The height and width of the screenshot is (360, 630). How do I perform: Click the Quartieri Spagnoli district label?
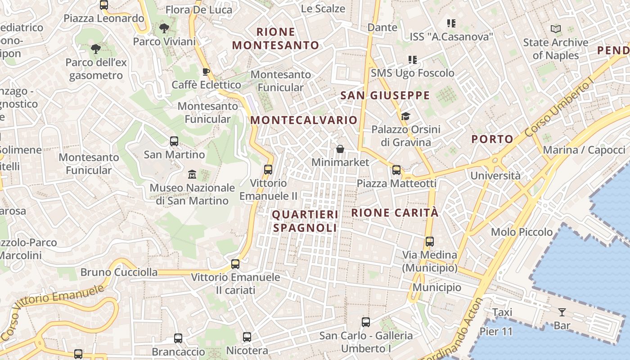(305, 221)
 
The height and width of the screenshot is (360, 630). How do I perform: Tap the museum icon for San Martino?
(192, 174)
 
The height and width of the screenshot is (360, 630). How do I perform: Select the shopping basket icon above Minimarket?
(340, 149)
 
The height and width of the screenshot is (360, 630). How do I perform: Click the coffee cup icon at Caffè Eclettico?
(206, 72)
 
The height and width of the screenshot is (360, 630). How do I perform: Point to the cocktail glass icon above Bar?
(562, 312)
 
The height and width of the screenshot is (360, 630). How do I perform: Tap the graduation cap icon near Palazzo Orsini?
(405, 117)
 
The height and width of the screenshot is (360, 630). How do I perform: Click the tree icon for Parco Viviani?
(164, 28)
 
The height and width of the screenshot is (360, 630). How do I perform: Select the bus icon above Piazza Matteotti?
(396, 170)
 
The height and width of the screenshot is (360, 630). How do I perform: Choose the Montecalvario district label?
(304, 120)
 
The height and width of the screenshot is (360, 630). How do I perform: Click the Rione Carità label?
(395, 212)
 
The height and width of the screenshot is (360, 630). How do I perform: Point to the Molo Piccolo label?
(522, 232)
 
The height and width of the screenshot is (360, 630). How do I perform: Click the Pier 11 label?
(496, 332)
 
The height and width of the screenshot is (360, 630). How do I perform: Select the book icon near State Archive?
(556, 29)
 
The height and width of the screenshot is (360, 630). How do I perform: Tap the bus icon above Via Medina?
(429, 241)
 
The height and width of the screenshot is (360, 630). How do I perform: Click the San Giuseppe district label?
(385, 95)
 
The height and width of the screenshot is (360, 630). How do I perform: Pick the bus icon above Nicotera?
(247, 337)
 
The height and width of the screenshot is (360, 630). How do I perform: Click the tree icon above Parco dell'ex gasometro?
(95, 49)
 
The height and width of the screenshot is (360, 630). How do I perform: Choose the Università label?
(495, 175)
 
